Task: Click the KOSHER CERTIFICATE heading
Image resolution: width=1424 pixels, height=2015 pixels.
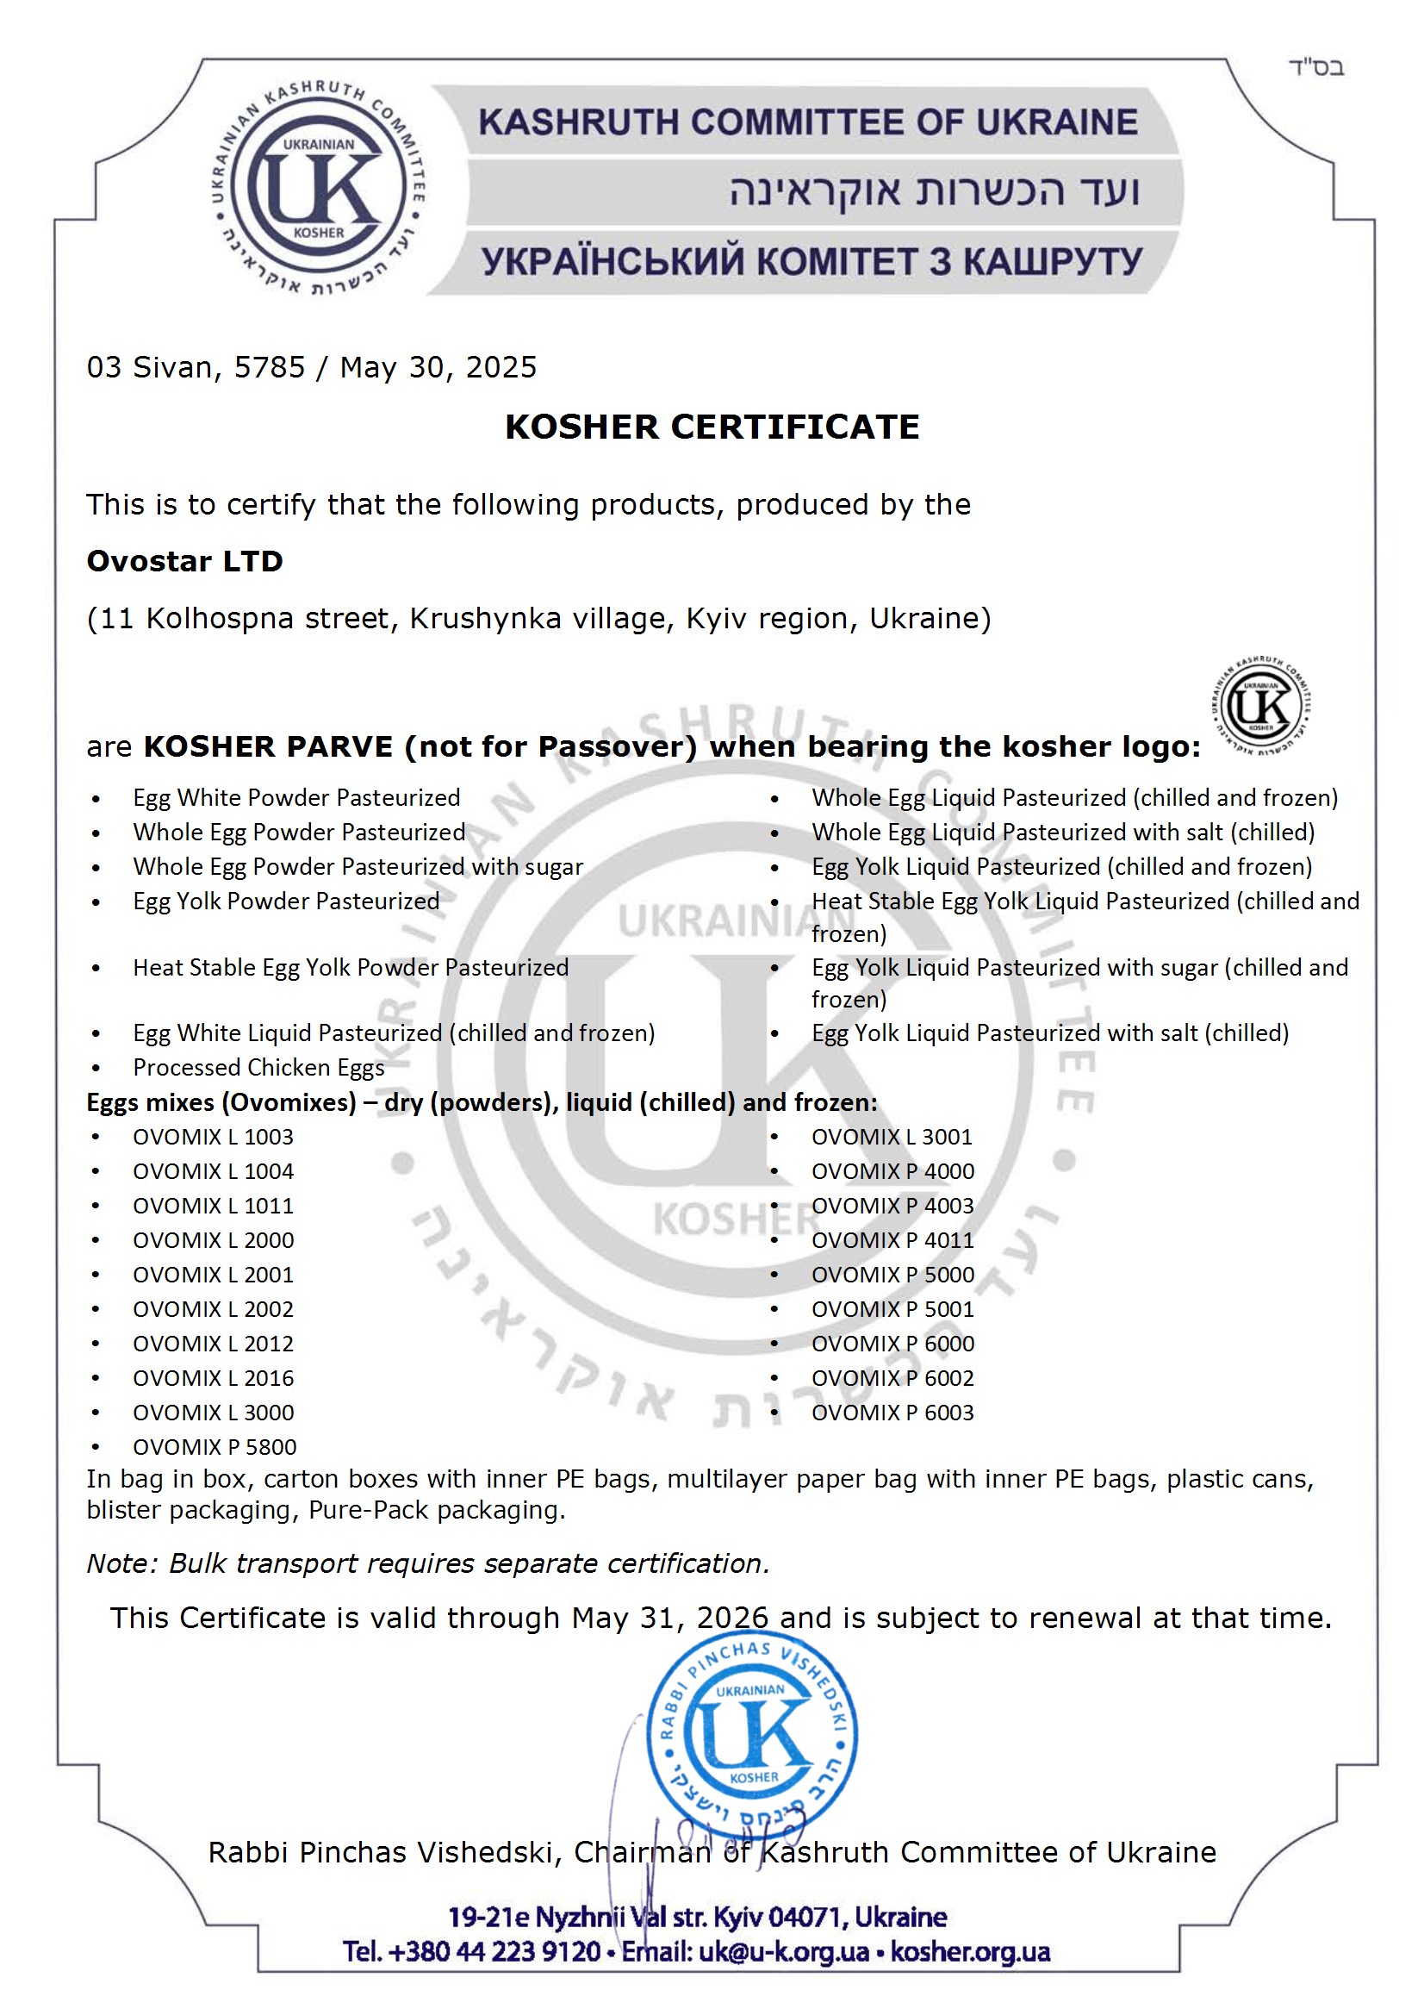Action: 712,427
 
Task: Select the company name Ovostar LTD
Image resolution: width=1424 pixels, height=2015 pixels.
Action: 184,561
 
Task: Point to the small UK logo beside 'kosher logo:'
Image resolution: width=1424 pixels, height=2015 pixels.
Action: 1262,706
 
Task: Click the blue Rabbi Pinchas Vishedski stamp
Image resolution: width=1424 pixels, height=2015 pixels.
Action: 752,1736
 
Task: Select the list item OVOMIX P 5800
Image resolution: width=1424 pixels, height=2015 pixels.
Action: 215,1447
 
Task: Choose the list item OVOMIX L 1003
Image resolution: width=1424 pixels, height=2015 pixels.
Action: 213,1138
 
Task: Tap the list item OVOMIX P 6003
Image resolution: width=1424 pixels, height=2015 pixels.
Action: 892,1413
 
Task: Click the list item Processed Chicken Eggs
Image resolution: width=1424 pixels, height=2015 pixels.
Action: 258,1068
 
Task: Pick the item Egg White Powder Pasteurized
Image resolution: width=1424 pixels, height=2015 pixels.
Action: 296,798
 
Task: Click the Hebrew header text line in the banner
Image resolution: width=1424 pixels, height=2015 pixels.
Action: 934,191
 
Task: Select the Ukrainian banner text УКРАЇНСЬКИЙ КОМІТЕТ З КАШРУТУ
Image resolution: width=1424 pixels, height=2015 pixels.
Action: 811,261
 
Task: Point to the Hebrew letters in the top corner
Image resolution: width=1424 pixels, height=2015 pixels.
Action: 1316,67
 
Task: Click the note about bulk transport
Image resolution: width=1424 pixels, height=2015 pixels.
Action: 427,1564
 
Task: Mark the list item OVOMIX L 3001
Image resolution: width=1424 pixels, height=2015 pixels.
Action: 892,1138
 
